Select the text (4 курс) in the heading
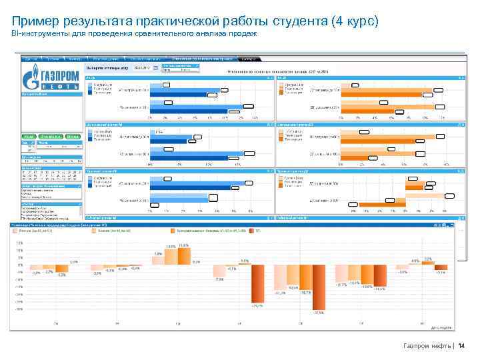pos(353,21)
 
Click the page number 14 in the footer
pos(461,345)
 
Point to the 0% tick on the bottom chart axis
pos(19,265)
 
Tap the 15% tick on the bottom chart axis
pos(19,243)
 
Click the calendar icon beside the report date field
pos(157,67)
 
